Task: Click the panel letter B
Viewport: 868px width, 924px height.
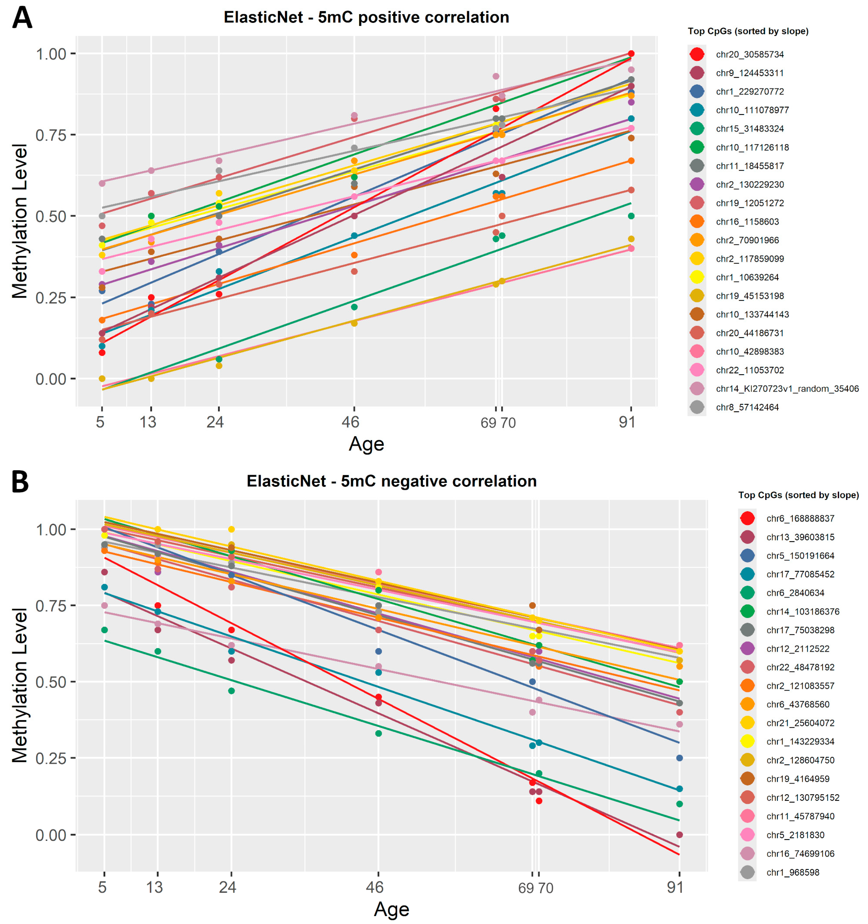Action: coord(20,482)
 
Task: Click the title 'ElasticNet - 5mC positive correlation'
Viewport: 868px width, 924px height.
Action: coord(366,17)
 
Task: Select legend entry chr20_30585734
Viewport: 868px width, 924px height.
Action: coord(750,54)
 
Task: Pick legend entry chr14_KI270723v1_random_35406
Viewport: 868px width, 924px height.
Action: coord(787,389)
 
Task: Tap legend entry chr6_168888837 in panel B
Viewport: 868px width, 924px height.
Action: coord(800,518)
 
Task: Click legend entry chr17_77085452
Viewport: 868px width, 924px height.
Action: coord(800,574)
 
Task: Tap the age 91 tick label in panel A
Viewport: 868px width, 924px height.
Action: coord(627,422)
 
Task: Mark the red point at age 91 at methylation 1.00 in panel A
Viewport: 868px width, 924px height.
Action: coord(631,53)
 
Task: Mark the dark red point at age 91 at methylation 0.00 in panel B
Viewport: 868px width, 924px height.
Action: coord(679,835)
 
